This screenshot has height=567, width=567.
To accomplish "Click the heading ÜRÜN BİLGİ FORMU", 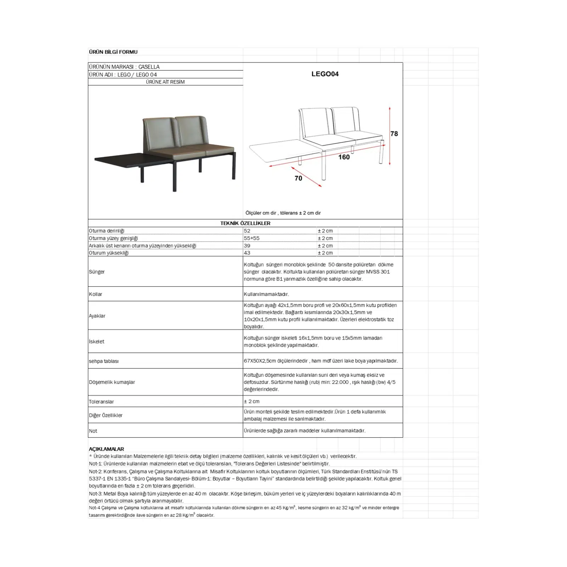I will click(x=113, y=52).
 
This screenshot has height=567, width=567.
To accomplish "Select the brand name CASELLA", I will click(x=149, y=67).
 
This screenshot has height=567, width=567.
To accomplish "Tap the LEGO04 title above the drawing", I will click(x=325, y=74).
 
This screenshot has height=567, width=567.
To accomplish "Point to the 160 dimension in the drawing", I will click(x=344, y=157).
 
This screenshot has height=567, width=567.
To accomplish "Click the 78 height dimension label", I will click(x=394, y=134).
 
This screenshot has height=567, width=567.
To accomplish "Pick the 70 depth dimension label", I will click(x=298, y=178).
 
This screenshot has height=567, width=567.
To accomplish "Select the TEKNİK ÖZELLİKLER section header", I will click(x=245, y=223).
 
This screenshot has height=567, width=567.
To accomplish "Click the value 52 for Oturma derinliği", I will click(x=247, y=231).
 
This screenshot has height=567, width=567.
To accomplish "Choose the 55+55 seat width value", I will click(x=252, y=238).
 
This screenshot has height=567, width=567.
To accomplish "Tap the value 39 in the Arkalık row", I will click(x=247, y=246).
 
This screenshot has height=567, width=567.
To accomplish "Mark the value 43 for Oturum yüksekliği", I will click(x=247, y=253).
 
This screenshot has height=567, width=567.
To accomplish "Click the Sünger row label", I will click(x=97, y=272).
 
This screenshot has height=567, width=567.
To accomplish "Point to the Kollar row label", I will click(x=96, y=294).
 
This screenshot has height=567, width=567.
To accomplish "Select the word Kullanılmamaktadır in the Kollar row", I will click(x=266, y=294).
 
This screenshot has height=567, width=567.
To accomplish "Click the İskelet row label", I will click(x=97, y=342).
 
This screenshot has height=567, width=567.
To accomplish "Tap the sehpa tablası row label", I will click(x=104, y=361).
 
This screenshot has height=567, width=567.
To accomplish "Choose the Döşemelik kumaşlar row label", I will click(x=112, y=382).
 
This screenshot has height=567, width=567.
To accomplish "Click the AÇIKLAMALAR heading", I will click(x=106, y=449).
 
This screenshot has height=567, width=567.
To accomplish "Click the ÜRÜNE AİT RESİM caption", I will click(x=165, y=82).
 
